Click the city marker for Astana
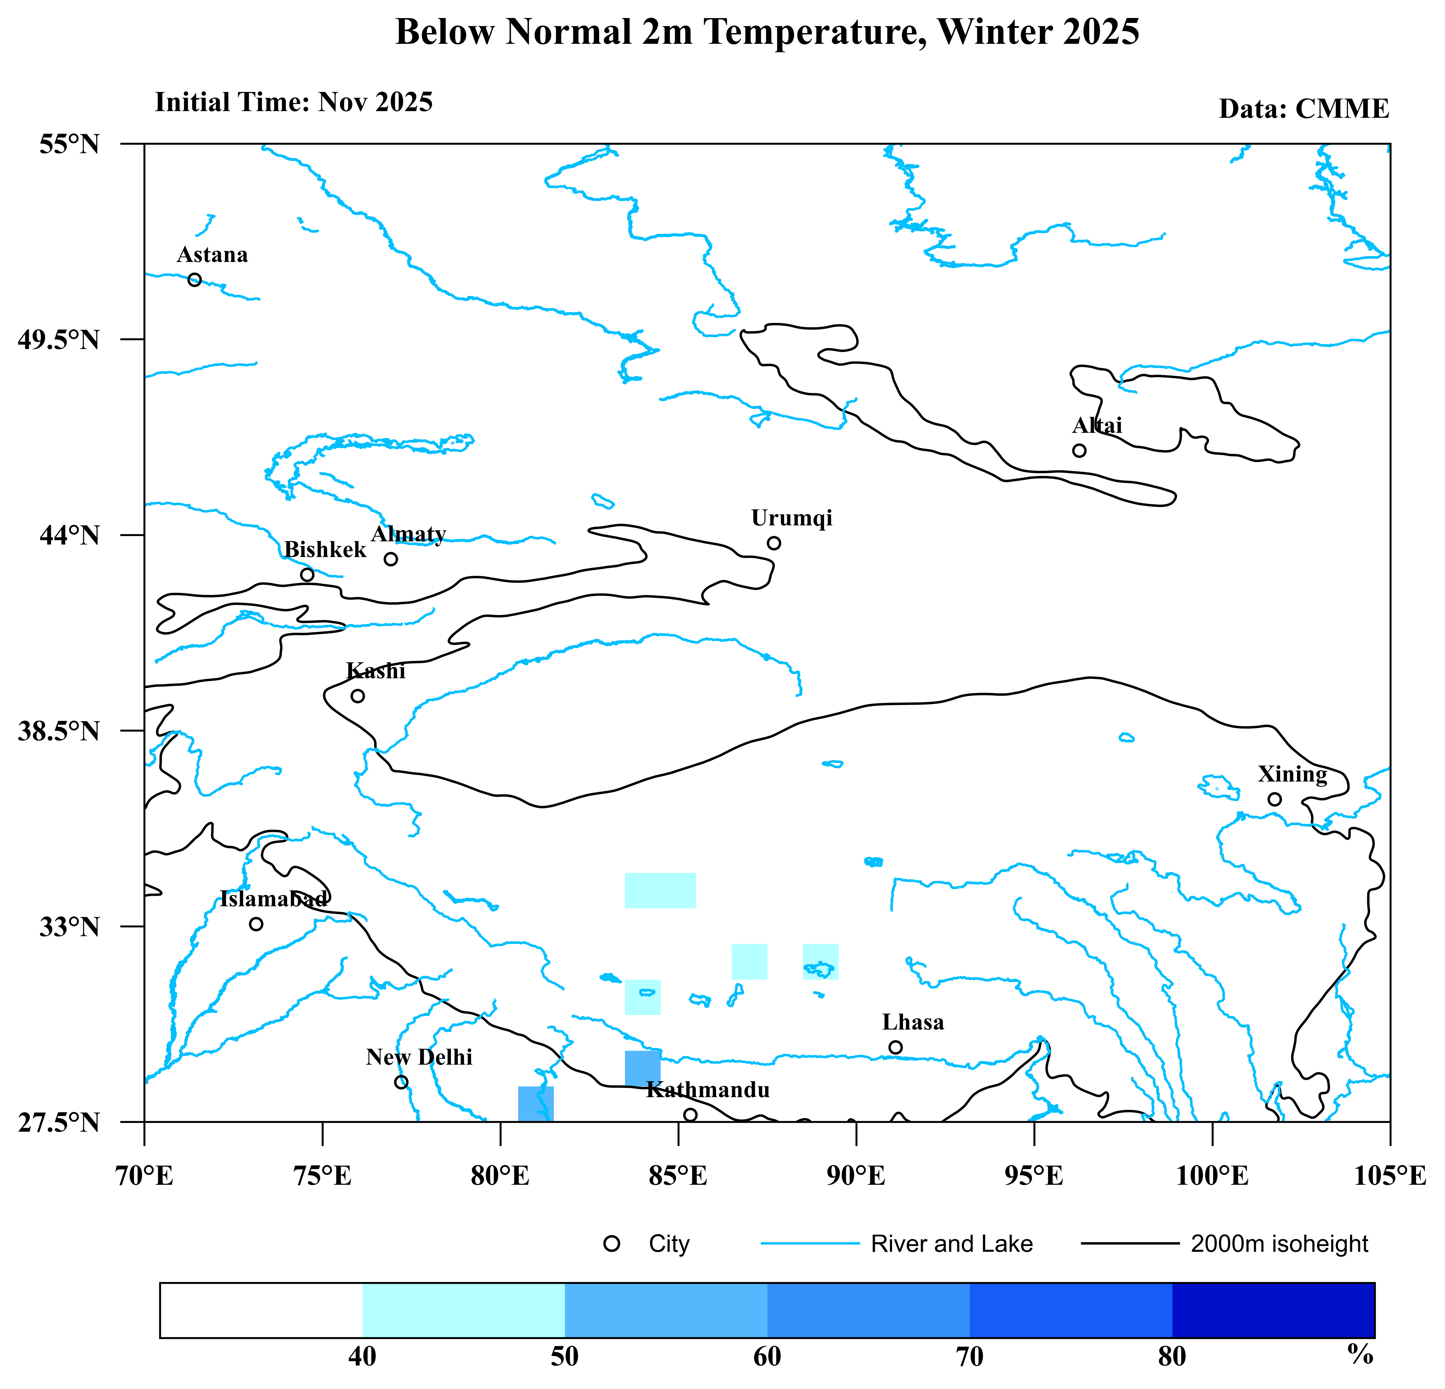point(195,280)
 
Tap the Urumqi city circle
point(773,543)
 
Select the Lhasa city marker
point(895,1047)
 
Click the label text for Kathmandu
point(708,1090)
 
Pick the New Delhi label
point(419,1057)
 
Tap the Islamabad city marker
point(256,924)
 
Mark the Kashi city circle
point(358,696)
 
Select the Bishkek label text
point(325,550)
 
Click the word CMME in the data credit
point(1342,109)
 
